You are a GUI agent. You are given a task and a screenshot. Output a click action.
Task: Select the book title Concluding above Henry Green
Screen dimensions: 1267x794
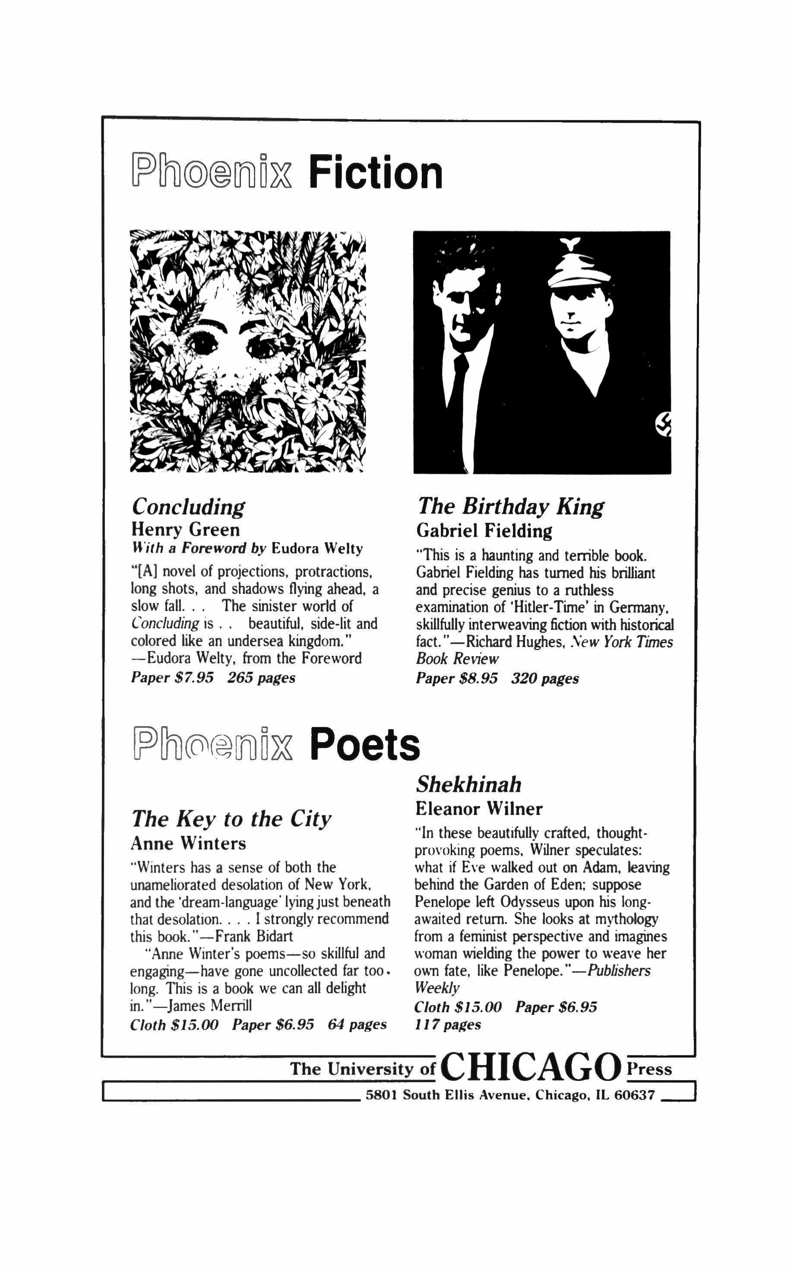click(x=188, y=507)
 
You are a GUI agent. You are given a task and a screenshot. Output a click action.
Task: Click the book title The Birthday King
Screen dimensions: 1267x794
click(x=510, y=506)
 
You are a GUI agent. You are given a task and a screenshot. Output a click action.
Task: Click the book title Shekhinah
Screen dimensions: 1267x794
click(x=468, y=784)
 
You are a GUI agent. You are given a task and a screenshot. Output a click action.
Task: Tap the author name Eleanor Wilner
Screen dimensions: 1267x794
click(x=478, y=809)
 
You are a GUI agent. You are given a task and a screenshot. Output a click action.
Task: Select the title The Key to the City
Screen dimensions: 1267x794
click(x=231, y=818)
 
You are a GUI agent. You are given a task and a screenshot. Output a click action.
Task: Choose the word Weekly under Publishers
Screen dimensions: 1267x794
click(x=437, y=988)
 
